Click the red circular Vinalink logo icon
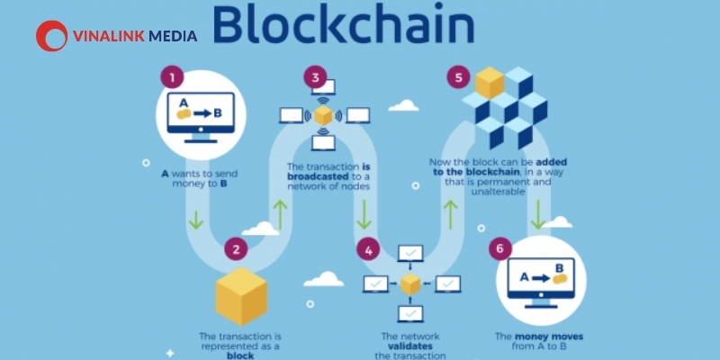(51, 36)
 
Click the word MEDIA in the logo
(173, 36)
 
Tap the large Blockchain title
(343, 23)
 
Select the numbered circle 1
(172, 77)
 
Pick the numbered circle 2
(236, 249)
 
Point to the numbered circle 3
(316, 77)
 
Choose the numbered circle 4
(369, 250)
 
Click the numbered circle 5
(459, 77)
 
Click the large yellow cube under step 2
(241, 296)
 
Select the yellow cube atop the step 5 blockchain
(490, 83)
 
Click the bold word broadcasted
(319, 176)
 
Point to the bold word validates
(410, 346)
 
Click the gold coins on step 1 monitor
(184, 114)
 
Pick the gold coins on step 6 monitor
(560, 278)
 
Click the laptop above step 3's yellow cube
(323, 87)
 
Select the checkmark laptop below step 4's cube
(410, 313)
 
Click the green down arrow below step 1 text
(196, 220)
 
